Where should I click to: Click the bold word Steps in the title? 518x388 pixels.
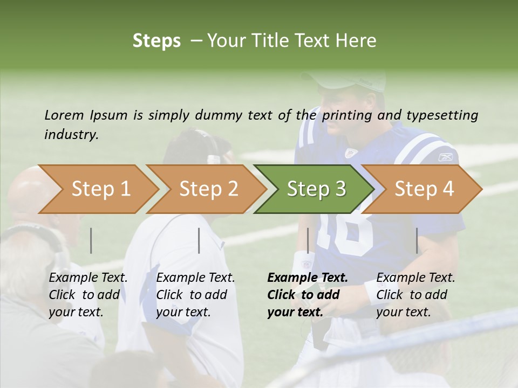(156, 40)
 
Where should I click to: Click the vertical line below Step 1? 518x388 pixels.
(91, 240)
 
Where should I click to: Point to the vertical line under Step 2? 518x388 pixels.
(199, 240)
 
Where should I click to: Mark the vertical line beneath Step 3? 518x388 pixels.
(308, 240)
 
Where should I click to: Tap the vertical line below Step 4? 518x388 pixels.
(417, 240)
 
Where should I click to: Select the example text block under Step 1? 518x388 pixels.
(88, 295)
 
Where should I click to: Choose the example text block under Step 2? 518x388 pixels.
(195, 295)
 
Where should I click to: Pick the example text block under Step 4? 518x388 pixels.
(415, 295)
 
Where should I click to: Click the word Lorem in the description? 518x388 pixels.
(64, 115)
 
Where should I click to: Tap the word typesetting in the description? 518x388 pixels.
(442, 115)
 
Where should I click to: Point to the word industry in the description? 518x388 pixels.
(71, 135)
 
